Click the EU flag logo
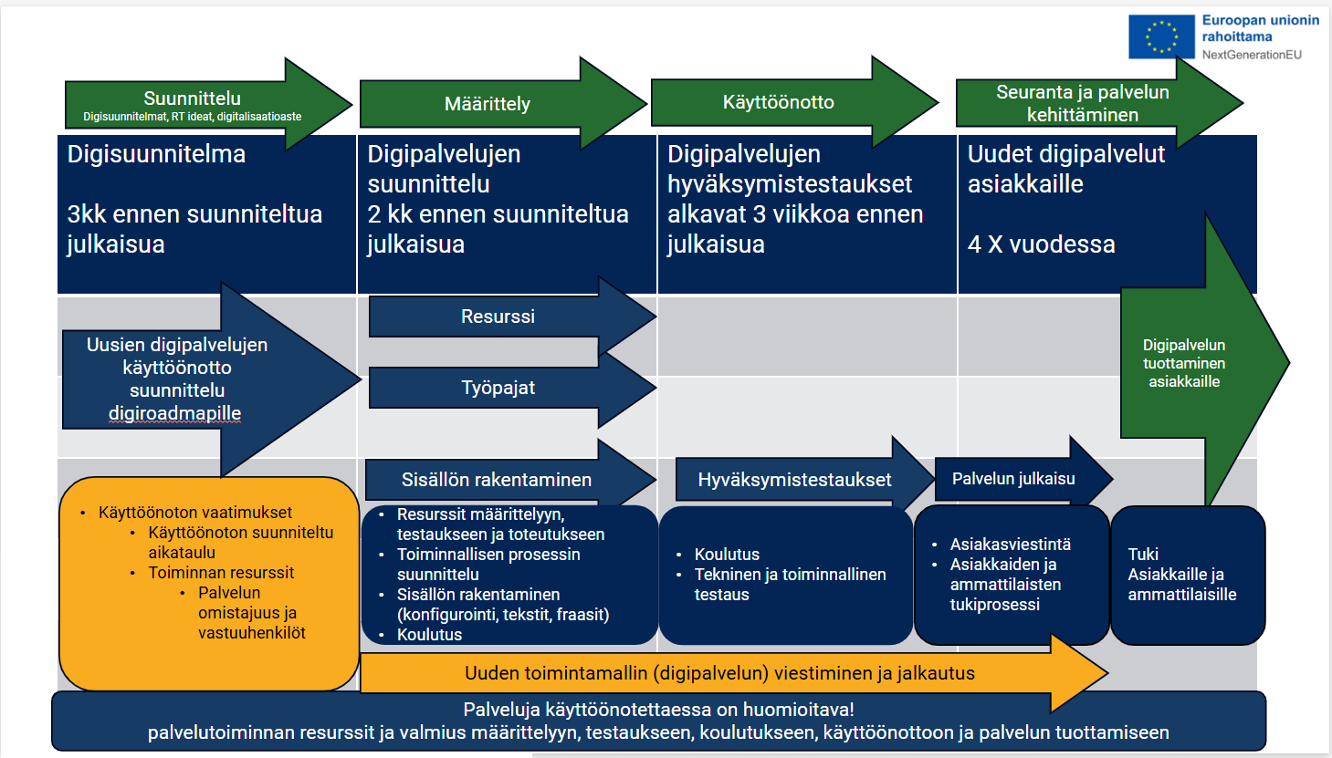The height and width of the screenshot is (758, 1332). coord(1161,36)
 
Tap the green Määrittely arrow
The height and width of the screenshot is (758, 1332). coord(488,104)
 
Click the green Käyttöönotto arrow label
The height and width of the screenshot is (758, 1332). coord(778,102)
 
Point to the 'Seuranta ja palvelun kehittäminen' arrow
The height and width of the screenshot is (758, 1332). coord(1082,103)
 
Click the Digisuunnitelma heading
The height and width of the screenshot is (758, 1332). coord(156,154)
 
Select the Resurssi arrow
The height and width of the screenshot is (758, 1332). coord(498,317)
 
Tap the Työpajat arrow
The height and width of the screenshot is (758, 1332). coord(498,388)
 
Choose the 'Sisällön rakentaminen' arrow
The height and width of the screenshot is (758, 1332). coord(497,480)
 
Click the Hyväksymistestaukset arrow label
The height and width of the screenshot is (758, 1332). coord(794,480)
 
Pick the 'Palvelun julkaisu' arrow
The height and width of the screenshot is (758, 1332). coord(1013,479)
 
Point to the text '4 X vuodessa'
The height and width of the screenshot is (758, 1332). coord(1041,244)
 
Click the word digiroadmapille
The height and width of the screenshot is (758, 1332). coord(174,413)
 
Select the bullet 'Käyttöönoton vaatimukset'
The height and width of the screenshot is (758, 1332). coord(195,513)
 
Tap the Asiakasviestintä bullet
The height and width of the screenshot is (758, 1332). coord(1010,545)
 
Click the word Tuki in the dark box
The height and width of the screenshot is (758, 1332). coord(1143,555)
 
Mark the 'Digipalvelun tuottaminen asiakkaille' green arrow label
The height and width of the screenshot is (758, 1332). coord(1184,363)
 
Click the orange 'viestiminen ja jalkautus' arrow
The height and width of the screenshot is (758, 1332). coord(719,673)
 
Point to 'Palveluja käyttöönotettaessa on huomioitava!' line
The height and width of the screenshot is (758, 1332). coord(658,710)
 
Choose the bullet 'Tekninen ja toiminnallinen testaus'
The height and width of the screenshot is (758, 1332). coord(790,584)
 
